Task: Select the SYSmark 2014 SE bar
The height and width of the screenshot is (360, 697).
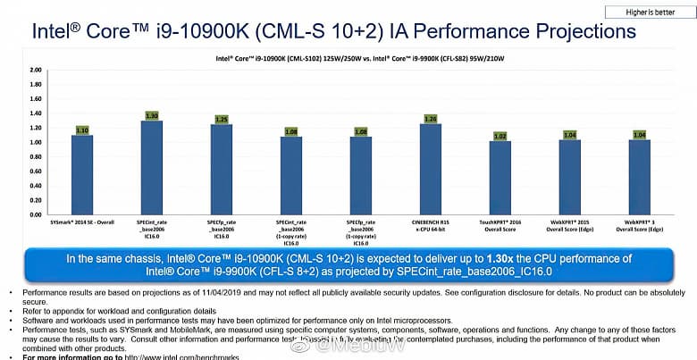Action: pos(82,174)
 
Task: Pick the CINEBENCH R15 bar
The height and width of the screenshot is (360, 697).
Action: pos(431,169)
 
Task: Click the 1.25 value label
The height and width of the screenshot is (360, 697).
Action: pos(222,119)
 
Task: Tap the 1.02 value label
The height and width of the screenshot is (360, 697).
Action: pos(500,136)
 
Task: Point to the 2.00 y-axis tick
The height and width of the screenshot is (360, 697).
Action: pos(36,70)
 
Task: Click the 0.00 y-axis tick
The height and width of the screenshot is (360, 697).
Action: pos(36,215)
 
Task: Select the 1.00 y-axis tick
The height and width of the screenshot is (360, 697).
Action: pos(36,142)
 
